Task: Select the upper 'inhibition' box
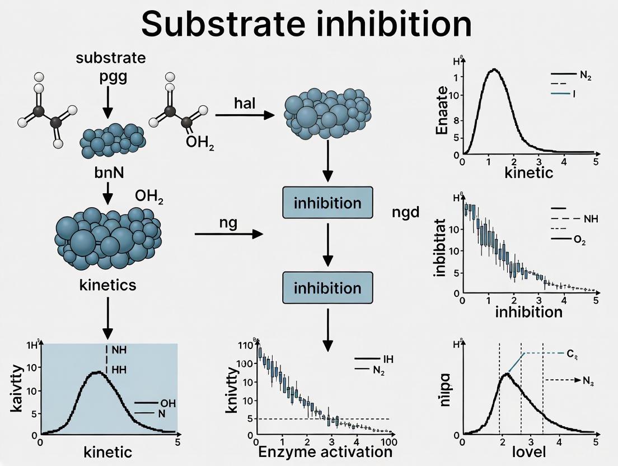tap(327, 202)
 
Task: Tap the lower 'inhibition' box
tap(327, 288)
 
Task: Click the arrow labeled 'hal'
tap(245, 115)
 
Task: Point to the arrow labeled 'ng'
tap(228, 234)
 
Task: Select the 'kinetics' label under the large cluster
tap(108, 285)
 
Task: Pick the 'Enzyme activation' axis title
tap(324, 451)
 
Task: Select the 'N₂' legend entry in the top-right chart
tap(586, 74)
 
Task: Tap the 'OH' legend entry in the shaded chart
tap(167, 403)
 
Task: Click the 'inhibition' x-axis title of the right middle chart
tap(528, 311)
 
